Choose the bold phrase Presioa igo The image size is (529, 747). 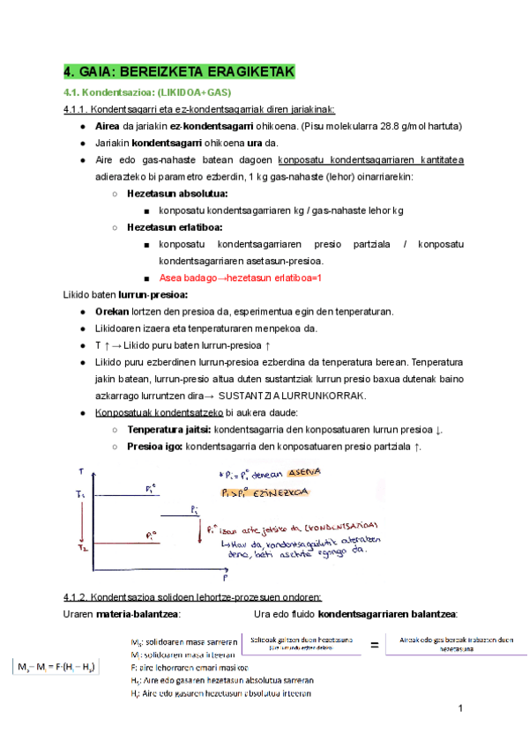pyautogui.click(x=155, y=446)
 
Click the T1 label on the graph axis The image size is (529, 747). pyautogui.click(x=80, y=495)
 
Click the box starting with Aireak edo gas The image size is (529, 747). pyautogui.click(x=457, y=644)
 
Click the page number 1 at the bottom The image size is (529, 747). pyautogui.click(x=461, y=709)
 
